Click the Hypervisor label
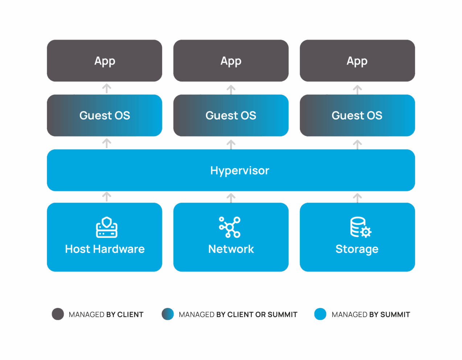click(x=240, y=171)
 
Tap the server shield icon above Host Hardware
click(x=106, y=227)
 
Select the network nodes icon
click(x=230, y=227)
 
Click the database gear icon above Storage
click(x=360, y=227)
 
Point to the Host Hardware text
click(x=105, y=249)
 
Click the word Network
click(x=231, y=249)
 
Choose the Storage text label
click(x=357, y=249)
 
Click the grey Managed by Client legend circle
click(x=58, y=314)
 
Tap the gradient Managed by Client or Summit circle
click(x=168, y=314)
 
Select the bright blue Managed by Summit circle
click(x=320, y=314)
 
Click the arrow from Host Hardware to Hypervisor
click(x=106, y=196)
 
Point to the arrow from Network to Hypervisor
click(x=231, y=198)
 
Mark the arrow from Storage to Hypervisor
click(x=357, y=197)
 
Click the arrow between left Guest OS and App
click(x=106, y=88)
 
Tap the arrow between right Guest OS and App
click(x=357, y=89)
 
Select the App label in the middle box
click(x=231, y=61)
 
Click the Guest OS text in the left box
click(x=105, y=115)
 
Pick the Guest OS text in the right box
click(x=357, y=115)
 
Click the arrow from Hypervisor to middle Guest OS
click(x=231, y=144)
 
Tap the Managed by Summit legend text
click(x=371, y=315)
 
